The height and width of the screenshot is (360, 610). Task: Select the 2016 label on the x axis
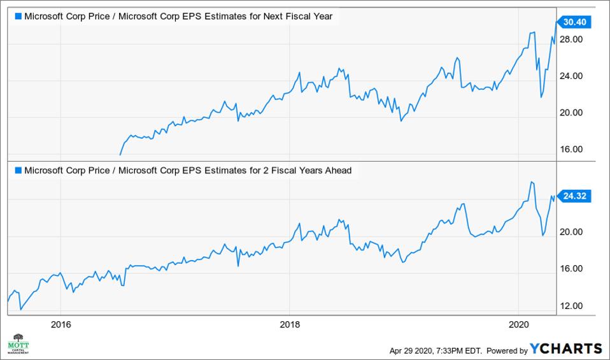[60, 323]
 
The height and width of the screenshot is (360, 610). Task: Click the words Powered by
[508, 350]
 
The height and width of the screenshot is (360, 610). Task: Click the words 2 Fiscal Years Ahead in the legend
[305, 170]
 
